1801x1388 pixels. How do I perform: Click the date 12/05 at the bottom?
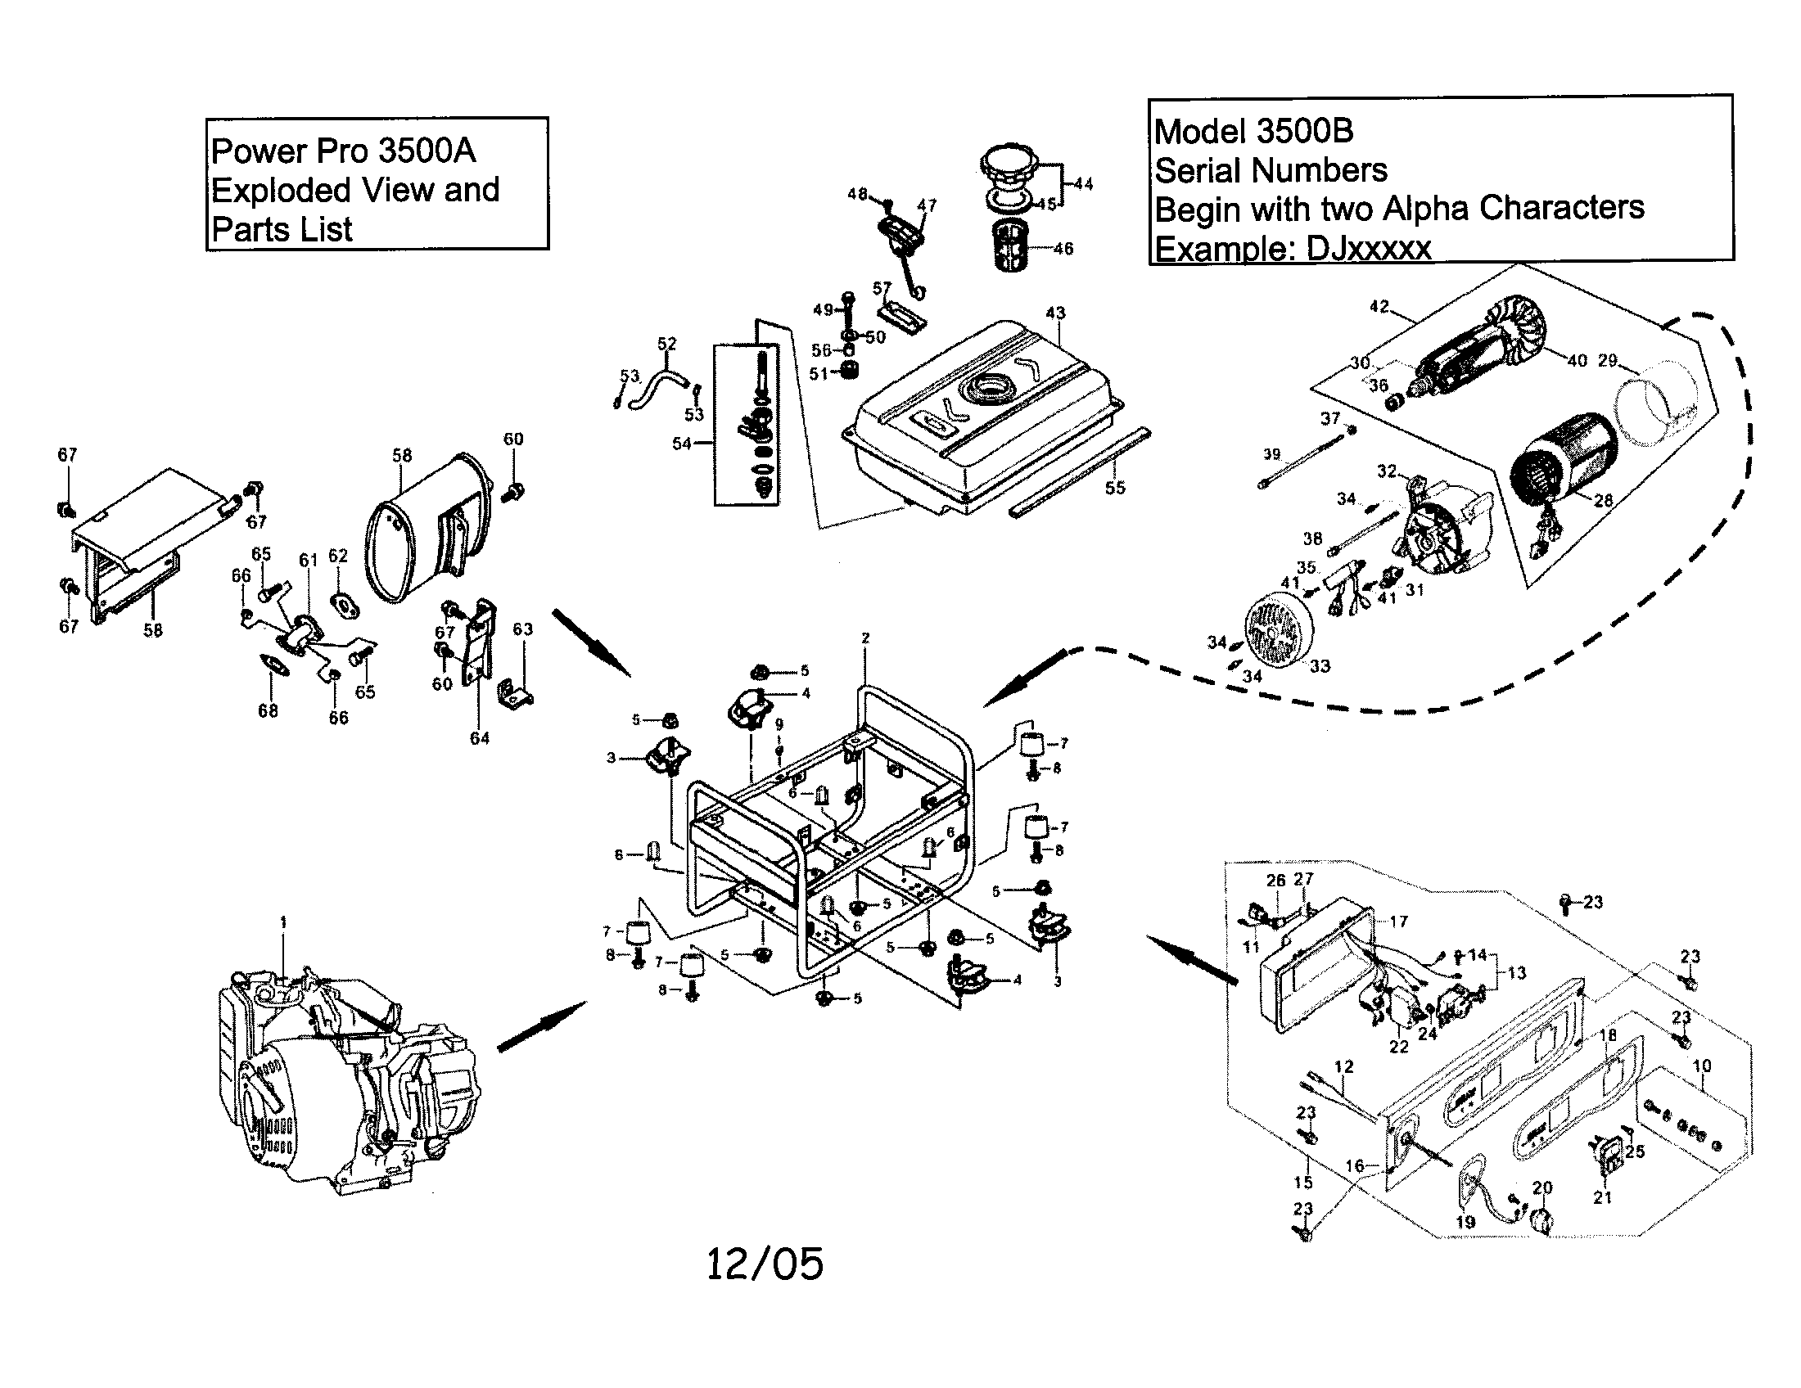(765, 1264)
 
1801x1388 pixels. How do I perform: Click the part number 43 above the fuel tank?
(1055, 313)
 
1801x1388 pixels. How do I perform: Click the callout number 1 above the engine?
(284, 922)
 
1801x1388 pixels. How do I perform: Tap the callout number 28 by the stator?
(1603, 500)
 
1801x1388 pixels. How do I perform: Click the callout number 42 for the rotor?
(1379, 308)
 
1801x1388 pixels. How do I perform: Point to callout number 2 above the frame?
(865, 638)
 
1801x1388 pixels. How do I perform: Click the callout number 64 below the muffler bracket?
(480, 738)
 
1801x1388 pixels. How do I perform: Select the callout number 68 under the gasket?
(268, 710)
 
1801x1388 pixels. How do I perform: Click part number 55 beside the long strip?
(1115, 488)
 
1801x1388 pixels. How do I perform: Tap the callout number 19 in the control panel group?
(1465, 1222)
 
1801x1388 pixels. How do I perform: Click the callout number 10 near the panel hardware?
(1702, 1066)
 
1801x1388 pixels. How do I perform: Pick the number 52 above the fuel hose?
(667, 344)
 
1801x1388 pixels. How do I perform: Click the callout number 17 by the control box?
(1398, 922)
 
